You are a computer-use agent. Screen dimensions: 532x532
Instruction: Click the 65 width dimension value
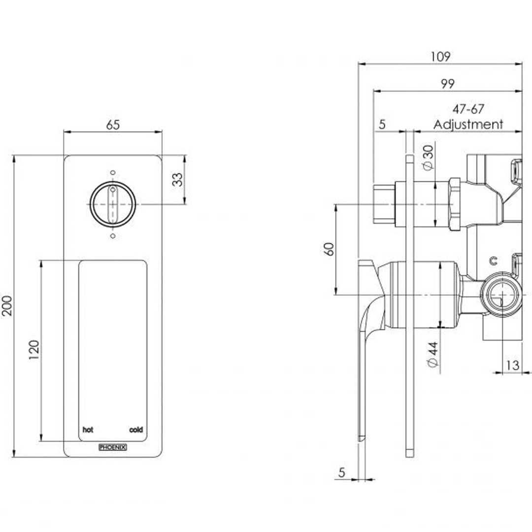click(113, 125)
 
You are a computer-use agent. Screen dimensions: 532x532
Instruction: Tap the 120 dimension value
click(34, 350)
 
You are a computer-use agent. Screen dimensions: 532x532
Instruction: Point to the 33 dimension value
click(177, 179)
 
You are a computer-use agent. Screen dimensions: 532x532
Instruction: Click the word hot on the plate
click(88, 430)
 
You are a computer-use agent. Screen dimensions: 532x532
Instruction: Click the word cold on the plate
click(136, 430)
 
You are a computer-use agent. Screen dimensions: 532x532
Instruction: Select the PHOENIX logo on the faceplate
click(113, 447)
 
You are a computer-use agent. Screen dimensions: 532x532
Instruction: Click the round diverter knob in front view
click(113, 204)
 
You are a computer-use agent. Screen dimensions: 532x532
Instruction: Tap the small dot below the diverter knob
click(113, 236)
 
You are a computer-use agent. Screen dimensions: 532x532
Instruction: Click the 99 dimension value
click(447, 84)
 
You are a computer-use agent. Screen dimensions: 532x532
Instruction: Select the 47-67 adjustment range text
click(468, 109)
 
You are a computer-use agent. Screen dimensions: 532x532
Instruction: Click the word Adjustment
click(468, 125)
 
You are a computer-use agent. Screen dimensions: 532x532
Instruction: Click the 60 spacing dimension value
click(329, 248)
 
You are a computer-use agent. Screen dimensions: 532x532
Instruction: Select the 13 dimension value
click(512, 365)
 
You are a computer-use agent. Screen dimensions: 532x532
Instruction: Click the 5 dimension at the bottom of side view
click(342, 472)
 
